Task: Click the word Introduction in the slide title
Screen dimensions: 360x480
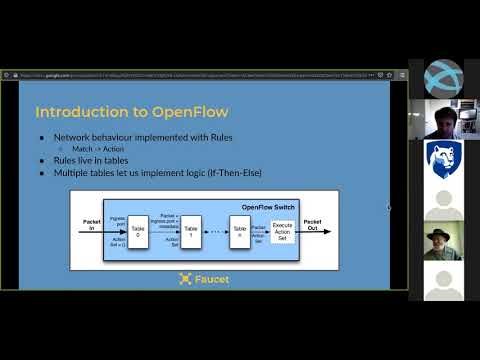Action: pos(69,111)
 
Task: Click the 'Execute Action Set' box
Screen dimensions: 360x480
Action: pos(282,229)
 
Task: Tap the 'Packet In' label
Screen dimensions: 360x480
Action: pos(91,223)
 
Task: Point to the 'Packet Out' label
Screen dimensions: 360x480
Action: pos(312,222)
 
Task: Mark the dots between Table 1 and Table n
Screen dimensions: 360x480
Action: pos(216,231)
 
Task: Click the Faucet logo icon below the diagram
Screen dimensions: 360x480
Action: pos(185,279)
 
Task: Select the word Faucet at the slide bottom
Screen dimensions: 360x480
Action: pos(211,279)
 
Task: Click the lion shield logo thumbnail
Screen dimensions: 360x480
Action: pos(443,157)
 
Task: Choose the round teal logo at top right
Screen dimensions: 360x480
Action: pos(443,77)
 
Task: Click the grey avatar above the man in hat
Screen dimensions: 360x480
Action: pos(443,200)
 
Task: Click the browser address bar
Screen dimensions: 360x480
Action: pos(200,75)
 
